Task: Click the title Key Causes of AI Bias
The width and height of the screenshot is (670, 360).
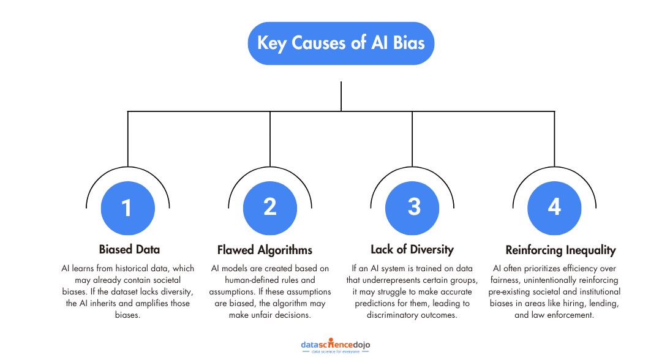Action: [x=341, y=43]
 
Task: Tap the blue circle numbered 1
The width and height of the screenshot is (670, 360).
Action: [x=127, y=208]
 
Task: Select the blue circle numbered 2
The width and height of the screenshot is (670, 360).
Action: [x=270, y=208]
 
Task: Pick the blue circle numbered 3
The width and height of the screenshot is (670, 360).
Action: [x=412, y=208]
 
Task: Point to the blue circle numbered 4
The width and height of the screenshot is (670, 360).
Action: [x=554, y=208]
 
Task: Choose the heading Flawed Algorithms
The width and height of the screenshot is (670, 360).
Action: [x=265, y=250]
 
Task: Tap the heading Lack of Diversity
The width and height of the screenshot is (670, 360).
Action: [x=412, y=249]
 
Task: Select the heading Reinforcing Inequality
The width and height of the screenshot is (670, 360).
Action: [x=560, y=250]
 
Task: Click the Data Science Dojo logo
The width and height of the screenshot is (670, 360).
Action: [x=335, y=347]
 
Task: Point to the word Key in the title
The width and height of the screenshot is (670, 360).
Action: [x=271, y=43]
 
